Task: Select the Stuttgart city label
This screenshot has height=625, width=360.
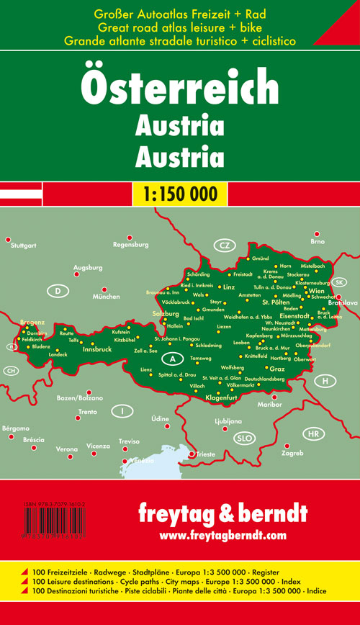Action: [x=24, y=246]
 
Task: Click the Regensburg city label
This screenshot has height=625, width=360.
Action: [x=130, y=245]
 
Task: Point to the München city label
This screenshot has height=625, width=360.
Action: [x=105, y=297]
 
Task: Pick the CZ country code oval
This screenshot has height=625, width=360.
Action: [x=225, y=246]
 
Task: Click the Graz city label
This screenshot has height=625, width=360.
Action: [x=277, y=369]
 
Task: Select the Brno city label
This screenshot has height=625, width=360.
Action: [x=318, y=242]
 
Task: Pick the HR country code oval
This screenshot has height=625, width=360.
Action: [x=312, y=434]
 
